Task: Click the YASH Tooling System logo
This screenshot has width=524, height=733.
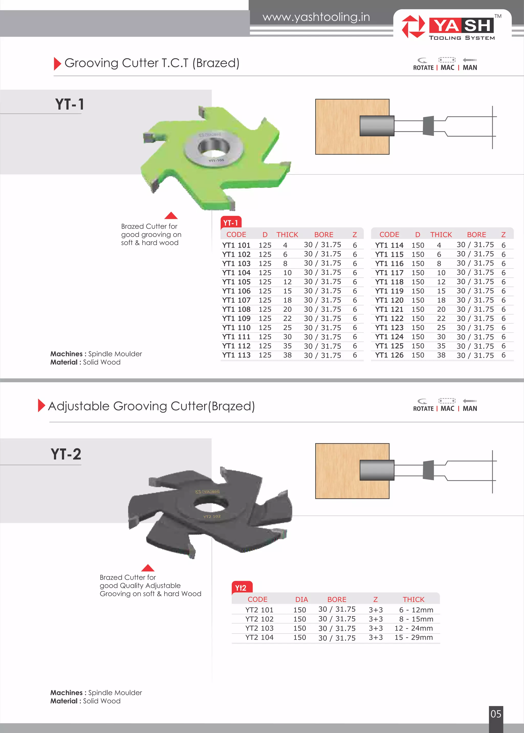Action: pos(452,27)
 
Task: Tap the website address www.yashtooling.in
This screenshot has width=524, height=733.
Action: pos(316,17)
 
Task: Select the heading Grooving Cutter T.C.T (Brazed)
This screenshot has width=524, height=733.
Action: pos(152,63)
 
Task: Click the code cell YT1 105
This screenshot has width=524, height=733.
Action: pos(236,282)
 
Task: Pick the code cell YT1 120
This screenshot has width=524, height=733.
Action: pos(389,300)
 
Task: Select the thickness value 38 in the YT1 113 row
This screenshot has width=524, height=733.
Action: pos(287,355)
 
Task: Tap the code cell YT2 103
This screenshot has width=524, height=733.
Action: pos(259,628)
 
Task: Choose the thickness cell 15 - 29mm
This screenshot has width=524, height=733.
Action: pos(414,637)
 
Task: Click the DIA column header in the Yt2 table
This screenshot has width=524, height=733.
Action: pos(301,600)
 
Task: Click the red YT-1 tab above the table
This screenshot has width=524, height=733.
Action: pos(231,223)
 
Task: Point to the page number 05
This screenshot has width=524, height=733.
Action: pos(496,714)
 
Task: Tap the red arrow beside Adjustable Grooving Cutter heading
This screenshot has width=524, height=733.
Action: pos(41,405)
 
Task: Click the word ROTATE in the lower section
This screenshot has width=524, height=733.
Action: pos(423,409)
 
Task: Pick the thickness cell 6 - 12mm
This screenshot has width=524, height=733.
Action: pos(416,610)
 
